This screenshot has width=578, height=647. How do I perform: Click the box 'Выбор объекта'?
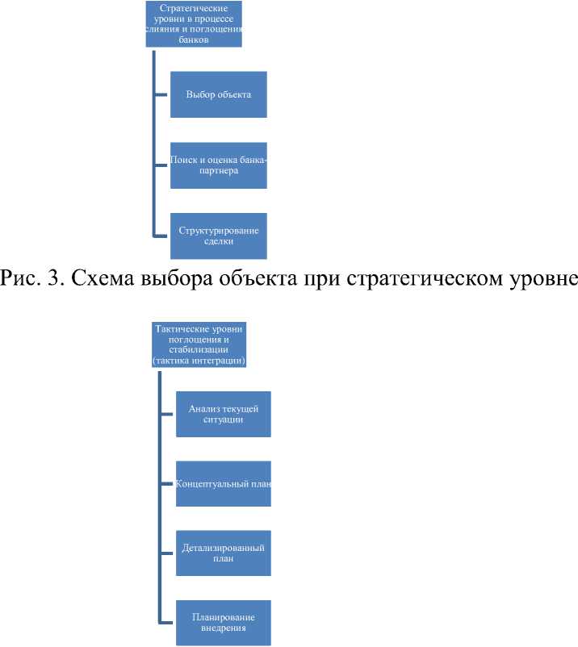click(218, 94)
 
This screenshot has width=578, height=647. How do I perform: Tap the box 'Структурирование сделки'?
click(218, 235)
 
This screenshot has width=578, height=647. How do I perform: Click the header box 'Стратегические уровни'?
click(195, 24)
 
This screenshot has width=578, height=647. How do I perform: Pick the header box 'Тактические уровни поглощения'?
click(199, 344)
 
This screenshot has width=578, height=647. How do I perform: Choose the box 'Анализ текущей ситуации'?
click(223, 414)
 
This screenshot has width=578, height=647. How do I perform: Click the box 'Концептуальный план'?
click(223, 483)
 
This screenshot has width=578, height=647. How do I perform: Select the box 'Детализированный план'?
click(223, 553)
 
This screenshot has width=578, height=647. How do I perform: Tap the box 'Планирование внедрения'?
click(223, 622)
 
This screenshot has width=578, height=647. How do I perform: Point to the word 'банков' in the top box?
click(195, 39)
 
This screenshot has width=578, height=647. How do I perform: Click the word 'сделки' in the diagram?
click(218, 241)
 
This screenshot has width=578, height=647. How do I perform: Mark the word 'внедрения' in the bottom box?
click(224, 628)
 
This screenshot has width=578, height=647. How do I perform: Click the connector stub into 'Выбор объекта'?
click(161, 94)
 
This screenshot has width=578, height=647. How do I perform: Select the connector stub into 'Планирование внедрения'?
click(166, 622)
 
